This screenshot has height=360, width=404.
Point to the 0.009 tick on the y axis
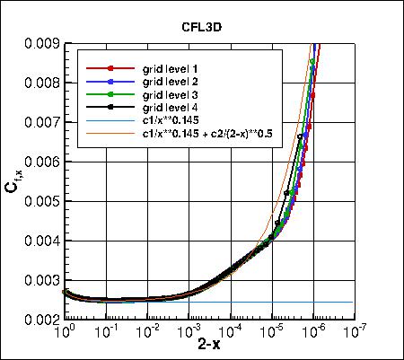coord(42,43)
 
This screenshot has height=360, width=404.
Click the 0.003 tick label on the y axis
coord(42,280)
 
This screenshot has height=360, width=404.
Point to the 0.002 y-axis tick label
coord(42,320)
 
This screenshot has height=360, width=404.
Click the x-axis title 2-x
coord(209,346)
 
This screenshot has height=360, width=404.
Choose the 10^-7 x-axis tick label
coord(355,331)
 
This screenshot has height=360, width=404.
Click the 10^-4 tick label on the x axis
coord(230,331)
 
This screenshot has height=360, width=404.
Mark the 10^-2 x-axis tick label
coord(147,331)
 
